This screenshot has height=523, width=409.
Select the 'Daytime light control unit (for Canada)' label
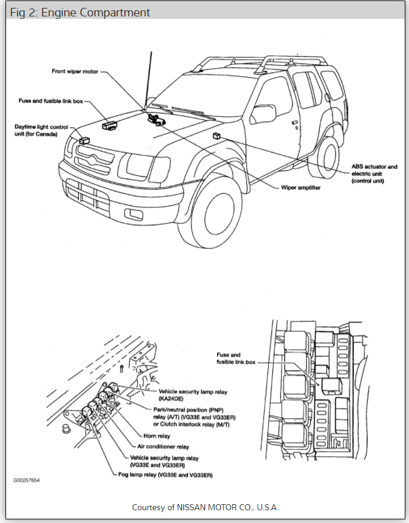[36, 130]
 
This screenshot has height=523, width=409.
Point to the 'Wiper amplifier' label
[300, 187]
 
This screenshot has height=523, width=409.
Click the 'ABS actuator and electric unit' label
[374, 173]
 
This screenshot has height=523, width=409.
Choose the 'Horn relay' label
[157, 436]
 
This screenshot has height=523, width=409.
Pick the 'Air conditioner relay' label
[163, 446]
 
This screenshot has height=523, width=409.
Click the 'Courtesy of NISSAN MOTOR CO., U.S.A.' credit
[204, 507]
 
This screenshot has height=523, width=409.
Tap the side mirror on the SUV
[265, 113]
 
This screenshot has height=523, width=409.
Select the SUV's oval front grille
[95, 160]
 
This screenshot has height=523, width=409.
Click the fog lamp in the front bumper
[133, 213]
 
